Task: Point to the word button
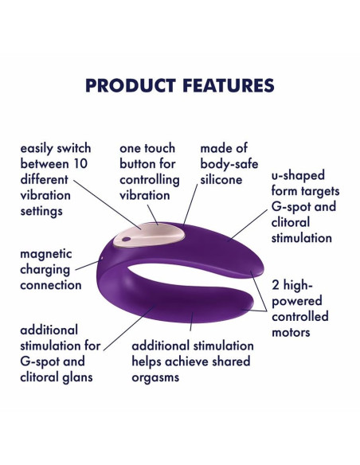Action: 141,164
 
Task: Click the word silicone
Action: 222,180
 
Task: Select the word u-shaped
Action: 298,175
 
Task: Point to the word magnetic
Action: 46,254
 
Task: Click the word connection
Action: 52,284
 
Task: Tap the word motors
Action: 291,332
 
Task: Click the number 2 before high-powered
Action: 276,285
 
